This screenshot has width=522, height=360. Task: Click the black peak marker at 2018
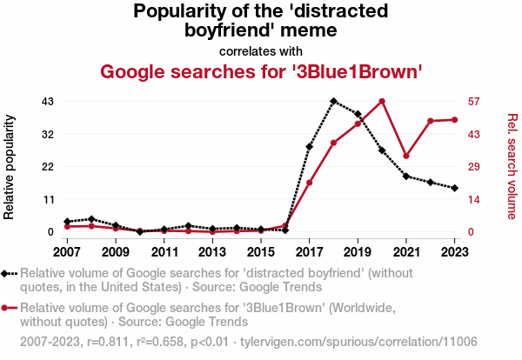333,101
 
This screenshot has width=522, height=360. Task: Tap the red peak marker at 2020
382,101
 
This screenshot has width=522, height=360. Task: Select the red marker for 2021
406,156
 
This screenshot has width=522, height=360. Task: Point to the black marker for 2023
455,188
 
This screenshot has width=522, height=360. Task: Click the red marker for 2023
455,119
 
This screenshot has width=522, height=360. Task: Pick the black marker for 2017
309,147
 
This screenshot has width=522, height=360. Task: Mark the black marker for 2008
91,219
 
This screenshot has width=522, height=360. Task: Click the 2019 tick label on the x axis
358,251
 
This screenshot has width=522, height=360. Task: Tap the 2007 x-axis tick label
67,251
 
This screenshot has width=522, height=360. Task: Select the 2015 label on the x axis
260,251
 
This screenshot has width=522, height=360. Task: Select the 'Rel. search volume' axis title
512,165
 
